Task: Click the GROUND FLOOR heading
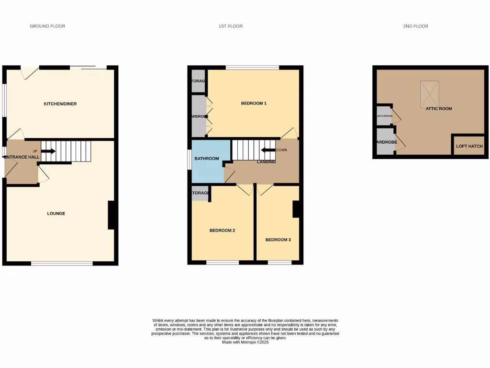(x=47, y=26)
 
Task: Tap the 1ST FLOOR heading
(x=231, y=26)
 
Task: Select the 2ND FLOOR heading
(x=415, y=26)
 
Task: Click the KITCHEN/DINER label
(x=60, y=103)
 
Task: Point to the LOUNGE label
(x=56, y=213)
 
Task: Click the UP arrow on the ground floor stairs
(x=48, y=151)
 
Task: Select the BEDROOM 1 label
(x=254, y=103)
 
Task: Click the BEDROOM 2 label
(x=222, y=230)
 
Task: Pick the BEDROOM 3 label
(x=278, y=240)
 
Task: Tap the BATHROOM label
(x=207, y=159)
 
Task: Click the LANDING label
(x=267, y=162)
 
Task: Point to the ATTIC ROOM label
(x=439, y=109)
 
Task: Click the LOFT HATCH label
(x=469, y=146)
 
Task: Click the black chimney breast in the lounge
(x=111, y=215)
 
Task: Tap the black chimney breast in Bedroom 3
(x=296, y=208)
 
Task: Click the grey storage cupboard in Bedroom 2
(x=200, y=193)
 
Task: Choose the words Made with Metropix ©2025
(x=245, y=342)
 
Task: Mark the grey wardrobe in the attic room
(x=386, y=141)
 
